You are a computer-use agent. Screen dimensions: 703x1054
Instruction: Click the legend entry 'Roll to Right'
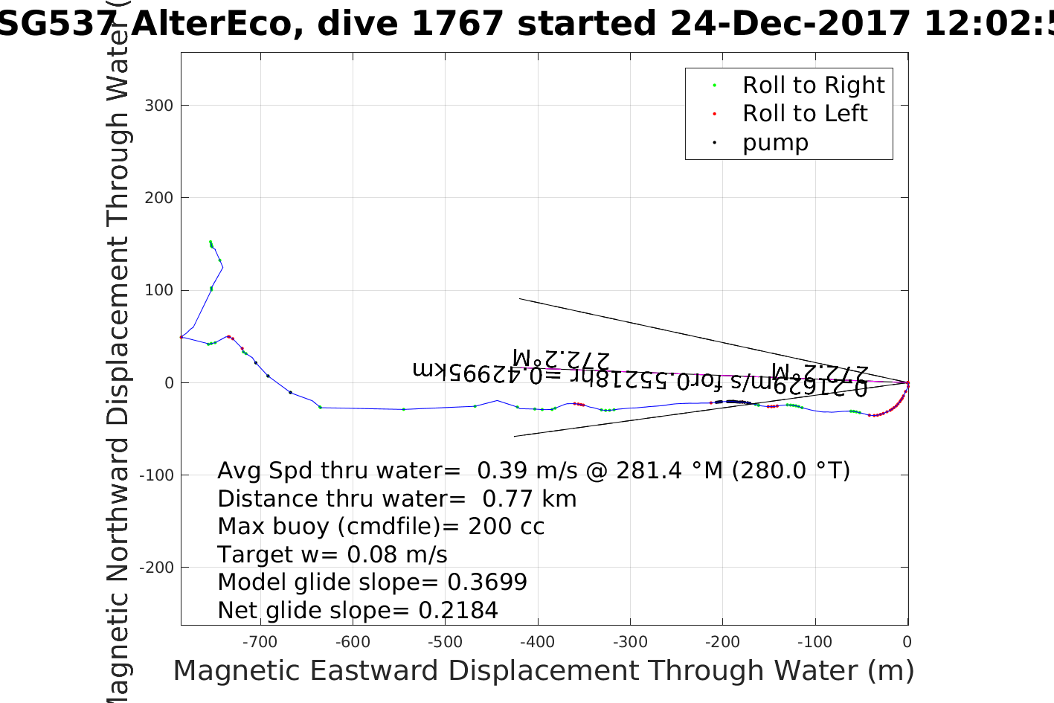(813, 86)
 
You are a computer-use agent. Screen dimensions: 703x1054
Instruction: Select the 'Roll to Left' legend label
(805, 114)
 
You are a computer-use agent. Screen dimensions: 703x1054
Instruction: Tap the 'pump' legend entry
(775, 142)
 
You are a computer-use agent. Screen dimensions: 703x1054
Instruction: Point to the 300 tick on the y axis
(159, 106)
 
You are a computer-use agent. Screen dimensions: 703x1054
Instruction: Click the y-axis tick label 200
(159, 198)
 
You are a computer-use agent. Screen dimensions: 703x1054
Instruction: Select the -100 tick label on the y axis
(156, 475)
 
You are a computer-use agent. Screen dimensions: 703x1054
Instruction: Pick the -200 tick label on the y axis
(156, 567)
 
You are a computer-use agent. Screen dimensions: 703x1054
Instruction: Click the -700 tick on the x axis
(260, 642)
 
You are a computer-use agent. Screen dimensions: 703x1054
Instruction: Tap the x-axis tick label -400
(537, 642)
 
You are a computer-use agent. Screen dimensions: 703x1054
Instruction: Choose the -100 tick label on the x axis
(814, 642)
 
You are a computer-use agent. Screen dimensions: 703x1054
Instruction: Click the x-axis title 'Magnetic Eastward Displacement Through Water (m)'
(543, 671)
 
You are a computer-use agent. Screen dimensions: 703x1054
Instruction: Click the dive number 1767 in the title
(457, 24)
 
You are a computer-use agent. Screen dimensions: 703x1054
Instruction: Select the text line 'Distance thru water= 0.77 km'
(396, 498)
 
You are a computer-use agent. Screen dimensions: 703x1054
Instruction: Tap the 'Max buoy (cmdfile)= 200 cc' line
(381, 527)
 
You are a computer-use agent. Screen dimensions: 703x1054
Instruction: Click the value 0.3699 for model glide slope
(487, 582)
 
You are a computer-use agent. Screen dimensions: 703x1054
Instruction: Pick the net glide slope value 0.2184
(458, 611)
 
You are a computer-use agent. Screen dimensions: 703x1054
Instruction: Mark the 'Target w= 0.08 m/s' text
(332, 555)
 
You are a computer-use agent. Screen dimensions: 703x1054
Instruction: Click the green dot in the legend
(714, 86)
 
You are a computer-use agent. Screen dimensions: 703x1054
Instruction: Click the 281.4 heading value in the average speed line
(638, 471)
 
